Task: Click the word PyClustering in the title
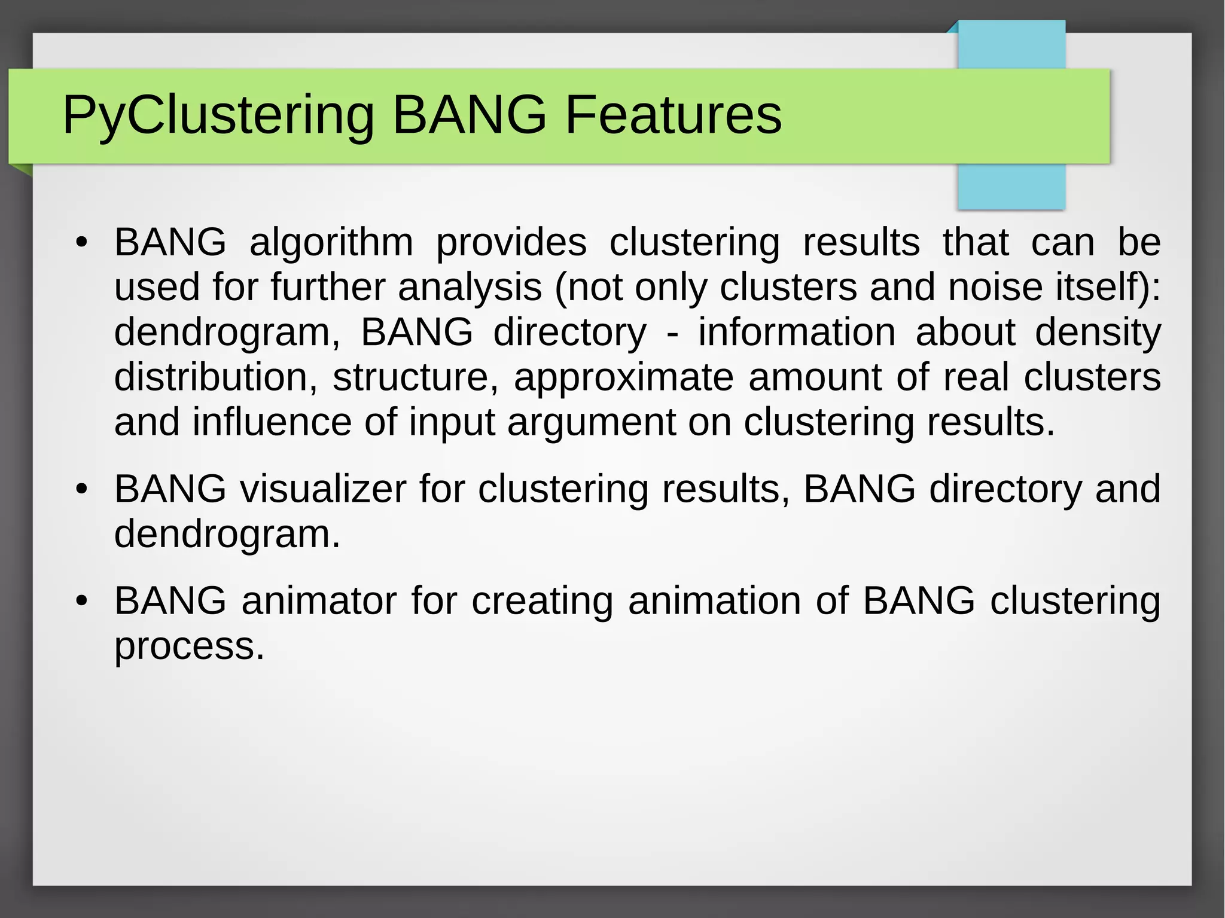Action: coord(218,115)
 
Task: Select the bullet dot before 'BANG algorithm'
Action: coord(82,243)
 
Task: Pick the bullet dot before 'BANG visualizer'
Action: coord(82,490)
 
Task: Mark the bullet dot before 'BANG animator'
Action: coord(82,601)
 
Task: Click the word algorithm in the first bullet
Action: coord(331,243)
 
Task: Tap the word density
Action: coord(1098,333)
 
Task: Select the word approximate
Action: coord(623,378)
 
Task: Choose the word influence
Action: coord(272,422)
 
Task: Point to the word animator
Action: coord(319,601)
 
